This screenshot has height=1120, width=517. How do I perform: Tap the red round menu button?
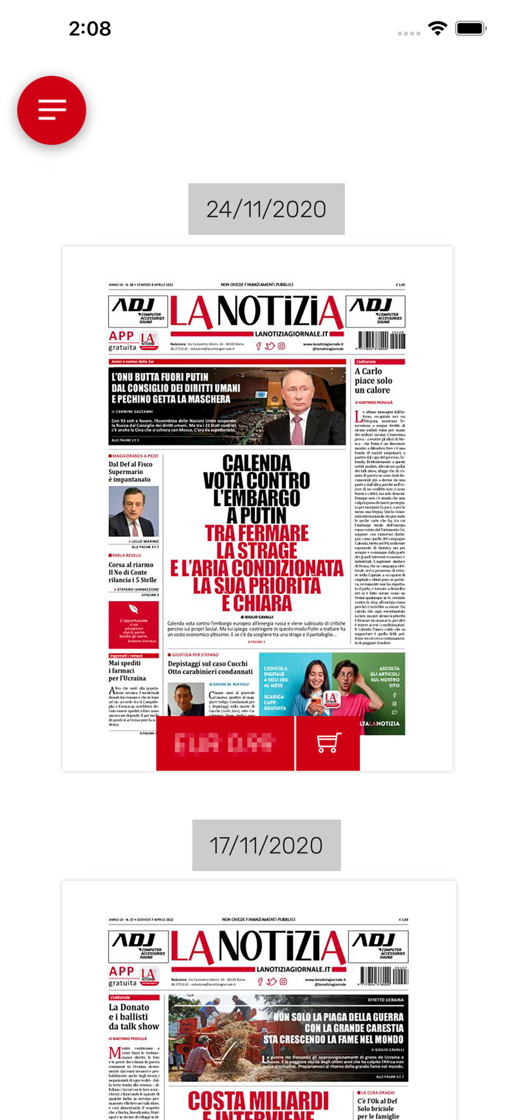[x=51, y=110]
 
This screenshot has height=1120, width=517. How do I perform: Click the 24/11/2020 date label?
[x=266, y=209]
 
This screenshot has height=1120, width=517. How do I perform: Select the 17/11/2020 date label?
[x=266, y=845]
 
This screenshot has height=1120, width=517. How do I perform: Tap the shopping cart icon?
[x=328, y=743]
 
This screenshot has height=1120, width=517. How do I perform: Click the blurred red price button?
[x=225, y=743]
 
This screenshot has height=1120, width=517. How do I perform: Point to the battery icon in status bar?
[x=470, y=29]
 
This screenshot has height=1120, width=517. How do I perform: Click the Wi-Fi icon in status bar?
[x=438, y=29]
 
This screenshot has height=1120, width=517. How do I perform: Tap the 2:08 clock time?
[x=90, y=29]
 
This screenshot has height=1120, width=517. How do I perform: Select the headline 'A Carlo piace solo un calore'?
[x=373, y=381]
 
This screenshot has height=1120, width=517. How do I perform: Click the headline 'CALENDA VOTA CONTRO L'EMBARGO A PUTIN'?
[x=256, y=488]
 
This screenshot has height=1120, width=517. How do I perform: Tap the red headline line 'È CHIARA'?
[x=257, y=603]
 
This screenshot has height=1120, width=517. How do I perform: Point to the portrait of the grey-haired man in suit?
[x=133, y=511]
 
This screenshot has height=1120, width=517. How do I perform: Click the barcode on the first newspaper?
[x=382, y=340]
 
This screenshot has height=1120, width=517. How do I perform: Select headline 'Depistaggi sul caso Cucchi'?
[x=208, y=664]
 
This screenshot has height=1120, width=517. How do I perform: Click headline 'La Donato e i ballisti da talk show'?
[x=134, y=1016]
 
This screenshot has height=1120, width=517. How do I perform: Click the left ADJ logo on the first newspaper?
[x=138, y=311]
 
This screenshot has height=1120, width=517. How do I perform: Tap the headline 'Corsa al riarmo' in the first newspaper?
[x=131, y=565]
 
